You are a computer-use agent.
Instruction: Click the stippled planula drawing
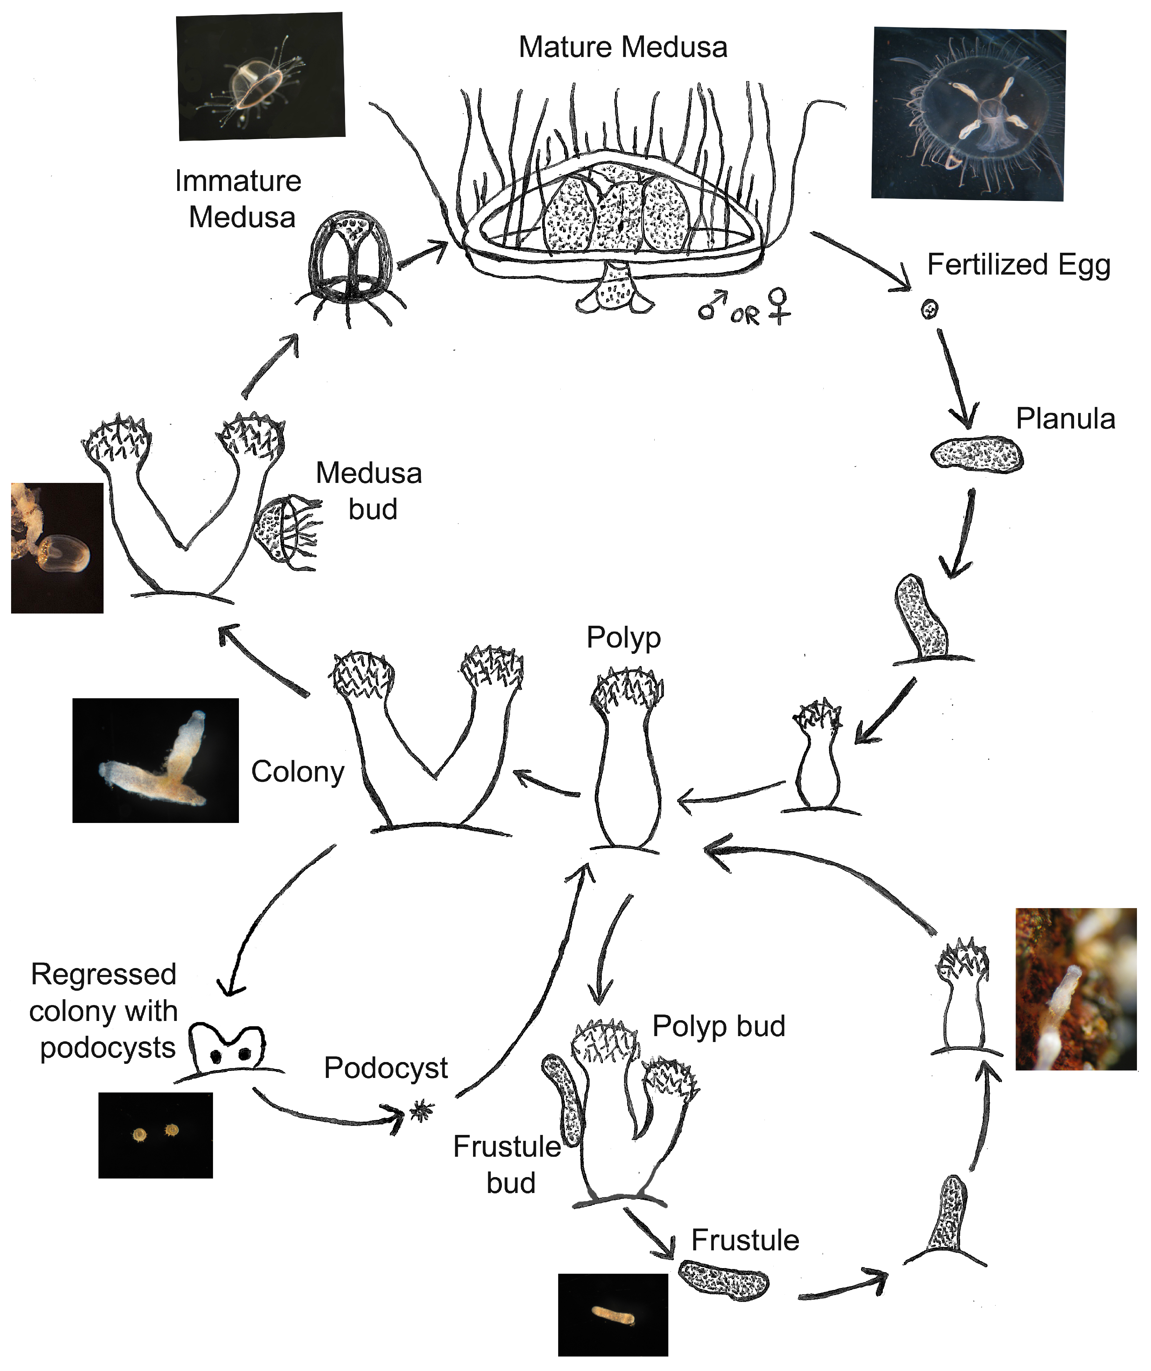(x=976, y=454)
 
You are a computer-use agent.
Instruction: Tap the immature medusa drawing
(x=351, y=265)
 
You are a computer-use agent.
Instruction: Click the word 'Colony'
(x=297, y=772)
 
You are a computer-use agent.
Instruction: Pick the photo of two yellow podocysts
(x=155, y=1135)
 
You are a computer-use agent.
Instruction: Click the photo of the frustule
(x=613, y=1314)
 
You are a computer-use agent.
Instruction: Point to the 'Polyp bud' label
(x=718, y=1026)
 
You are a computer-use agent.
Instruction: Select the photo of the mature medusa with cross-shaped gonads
(x=968, y=114)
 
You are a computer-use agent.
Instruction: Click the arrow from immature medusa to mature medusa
(x=423, y=253)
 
